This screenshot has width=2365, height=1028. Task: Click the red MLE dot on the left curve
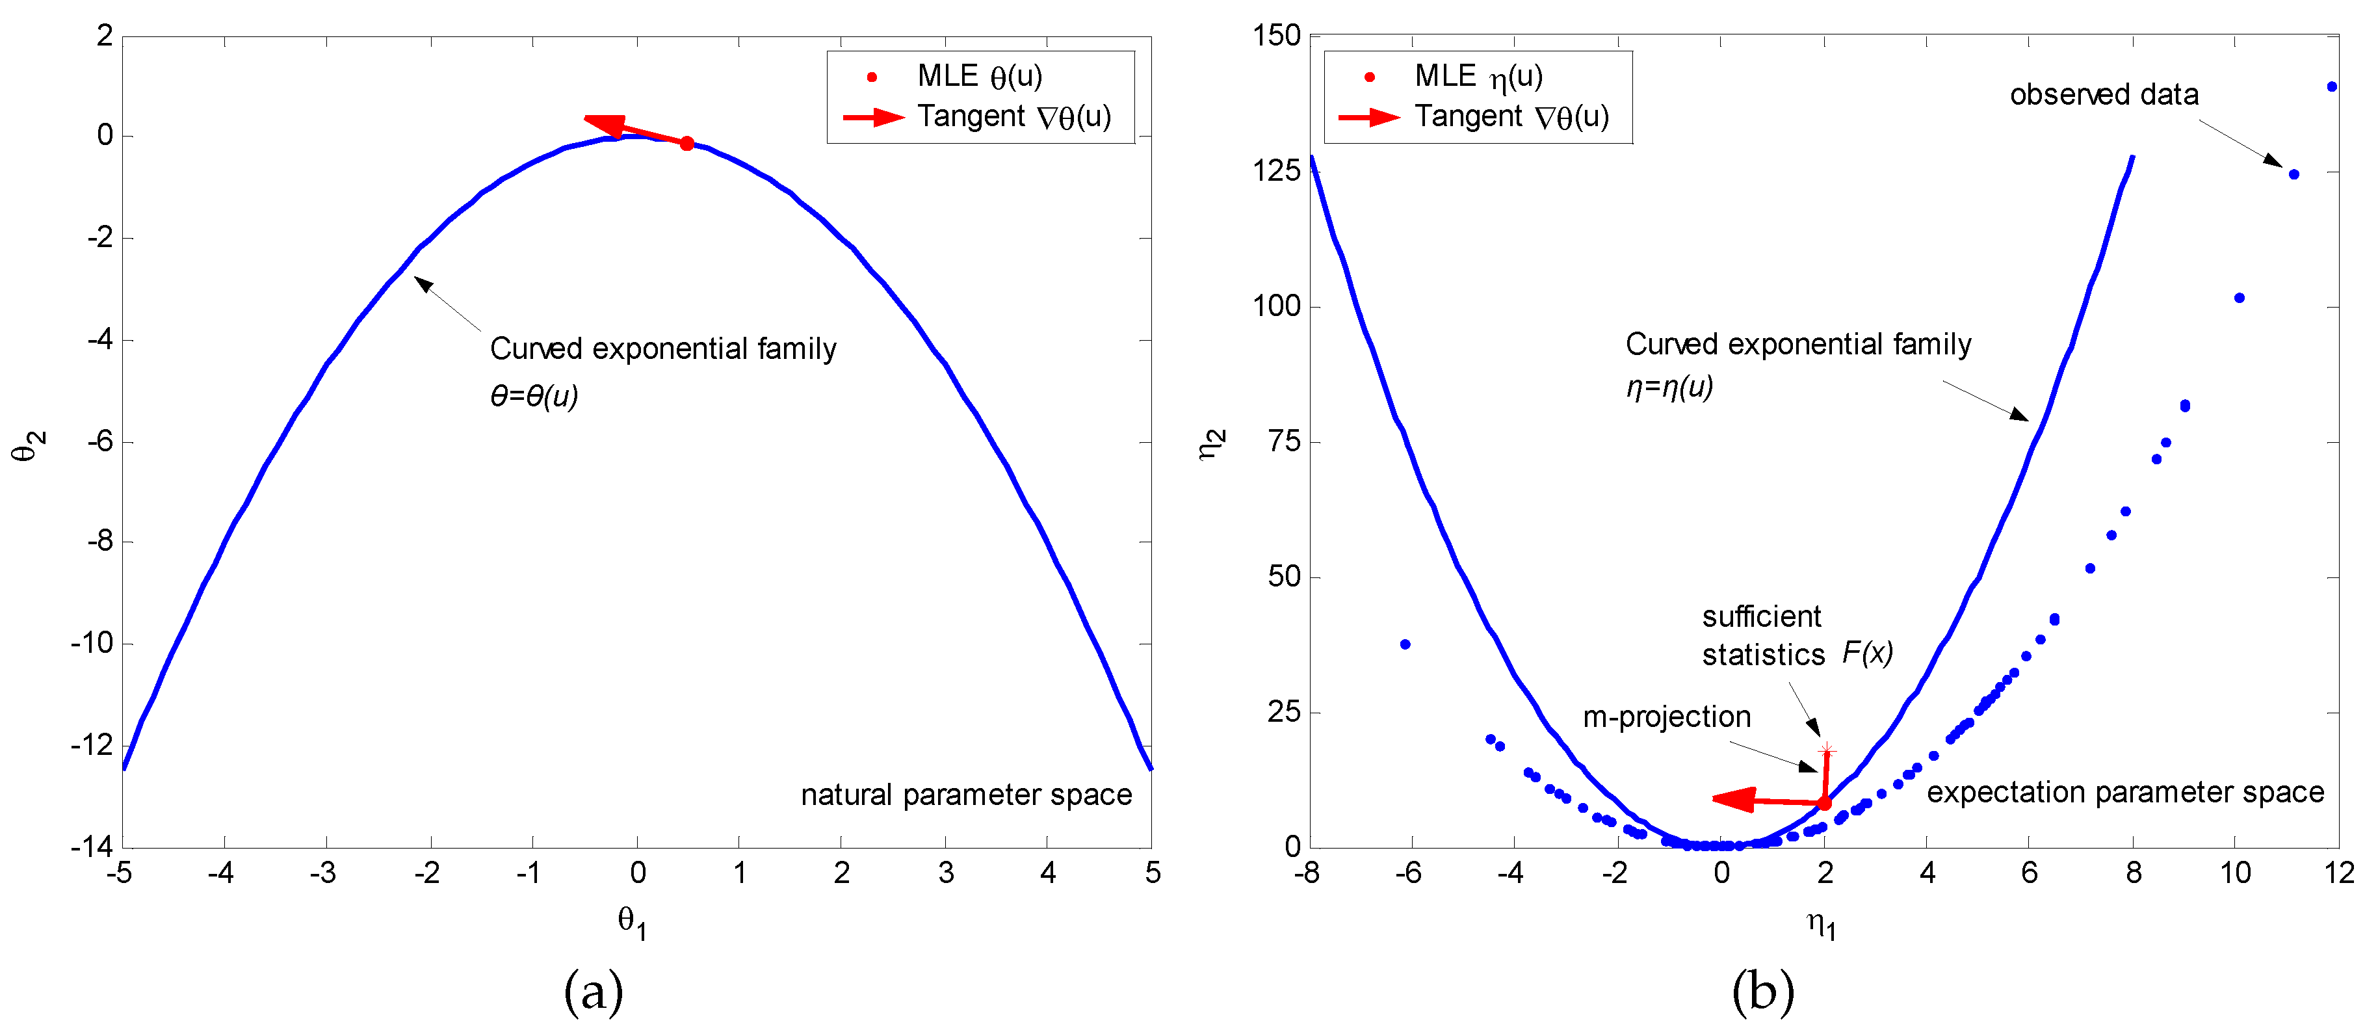(x=686, y=143)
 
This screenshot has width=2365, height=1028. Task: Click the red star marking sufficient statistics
(x=1827, y=750)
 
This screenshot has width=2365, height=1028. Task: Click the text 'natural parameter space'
(x=966, y=795)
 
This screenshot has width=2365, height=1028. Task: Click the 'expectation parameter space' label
(x=2125, y=792)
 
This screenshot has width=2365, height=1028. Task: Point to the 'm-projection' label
(x=1666, y=717)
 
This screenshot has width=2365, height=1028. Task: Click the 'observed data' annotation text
(x=2104, y=95)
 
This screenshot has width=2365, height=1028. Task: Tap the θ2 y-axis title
(x=27, y=445)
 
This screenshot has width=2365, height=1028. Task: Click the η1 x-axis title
(x=1822, y=923)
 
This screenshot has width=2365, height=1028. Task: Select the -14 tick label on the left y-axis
(x=92, y=846)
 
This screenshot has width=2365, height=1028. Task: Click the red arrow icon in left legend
(x=873, y=116)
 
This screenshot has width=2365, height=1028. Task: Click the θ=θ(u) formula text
(x=534, y=396)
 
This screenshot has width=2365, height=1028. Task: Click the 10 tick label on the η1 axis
(x=2234, y=873)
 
